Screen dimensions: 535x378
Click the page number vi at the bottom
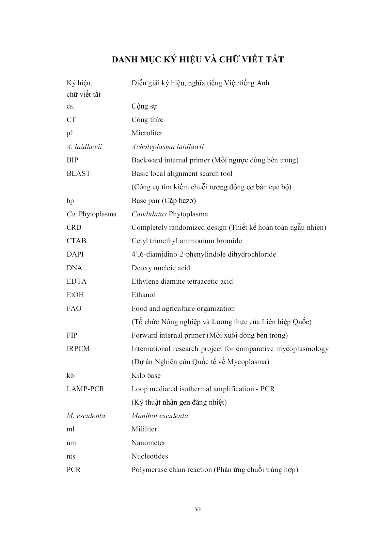pyautogui.click(x=198, y=509)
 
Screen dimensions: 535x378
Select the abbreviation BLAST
pyautogui.click(x=78, y=174)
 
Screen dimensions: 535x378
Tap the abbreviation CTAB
pyautogui.click(x=76, y=241)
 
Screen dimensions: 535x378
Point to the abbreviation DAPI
pyautogui.click(x=75, y=254)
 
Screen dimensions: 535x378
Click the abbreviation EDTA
pyautogui.click(x=76, y=281)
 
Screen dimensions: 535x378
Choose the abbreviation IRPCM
pyautogui.click(x=78, y=349)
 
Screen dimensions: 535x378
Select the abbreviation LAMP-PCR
pyautogui.click(x=85, y=389)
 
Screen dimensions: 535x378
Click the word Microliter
pyautogui.click(x=147, y=133)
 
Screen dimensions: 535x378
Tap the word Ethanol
pyautogui.click(x=143, y=295)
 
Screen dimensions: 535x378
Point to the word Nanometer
pyautogui.click(x=148, y=443)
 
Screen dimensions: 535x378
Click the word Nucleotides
pyautogui.click(x=150, y=456)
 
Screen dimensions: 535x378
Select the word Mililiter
pyautogui.click(x=144, y=429)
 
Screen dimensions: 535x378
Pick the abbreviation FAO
pyautogui.click(x=74, y=309)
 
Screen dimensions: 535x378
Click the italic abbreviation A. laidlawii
pyautogui.click(x=84, y=147)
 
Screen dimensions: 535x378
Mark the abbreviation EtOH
pyautogui.click(x=75, y=295)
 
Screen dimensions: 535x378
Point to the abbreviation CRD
pyautogui.click(x=74, y=227)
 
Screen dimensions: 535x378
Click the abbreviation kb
pyautogui.click(x=70, y=376)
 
